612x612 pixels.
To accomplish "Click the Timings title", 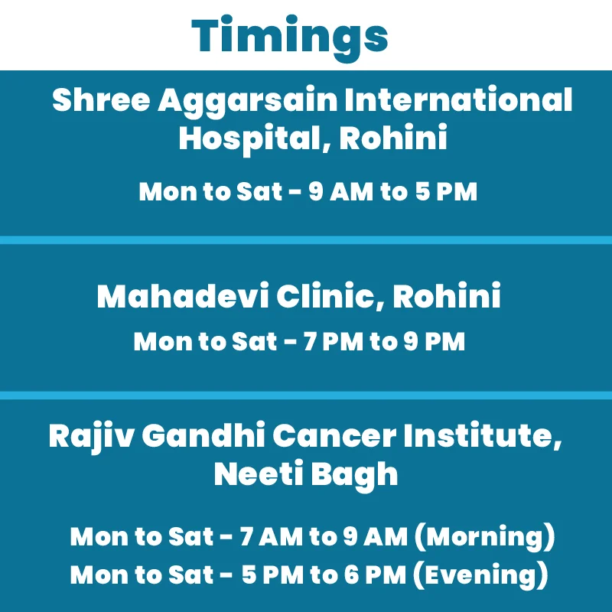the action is (x=290, y=37).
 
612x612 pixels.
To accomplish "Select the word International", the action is (x=458, y=99).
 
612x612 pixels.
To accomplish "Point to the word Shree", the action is (x=101, y=99).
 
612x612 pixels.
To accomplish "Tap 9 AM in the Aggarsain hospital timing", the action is (x=340, y=191).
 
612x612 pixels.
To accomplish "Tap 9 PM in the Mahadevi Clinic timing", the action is (x=434, y=341).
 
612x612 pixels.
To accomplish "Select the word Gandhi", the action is (x=203, y=435).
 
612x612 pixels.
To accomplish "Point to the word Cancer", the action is (x=334, y=435).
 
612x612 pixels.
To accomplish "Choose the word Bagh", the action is (x=354, y=476).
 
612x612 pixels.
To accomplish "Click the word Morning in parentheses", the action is (x=484, y=537).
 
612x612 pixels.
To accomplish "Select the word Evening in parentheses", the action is (x=480, y=575).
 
